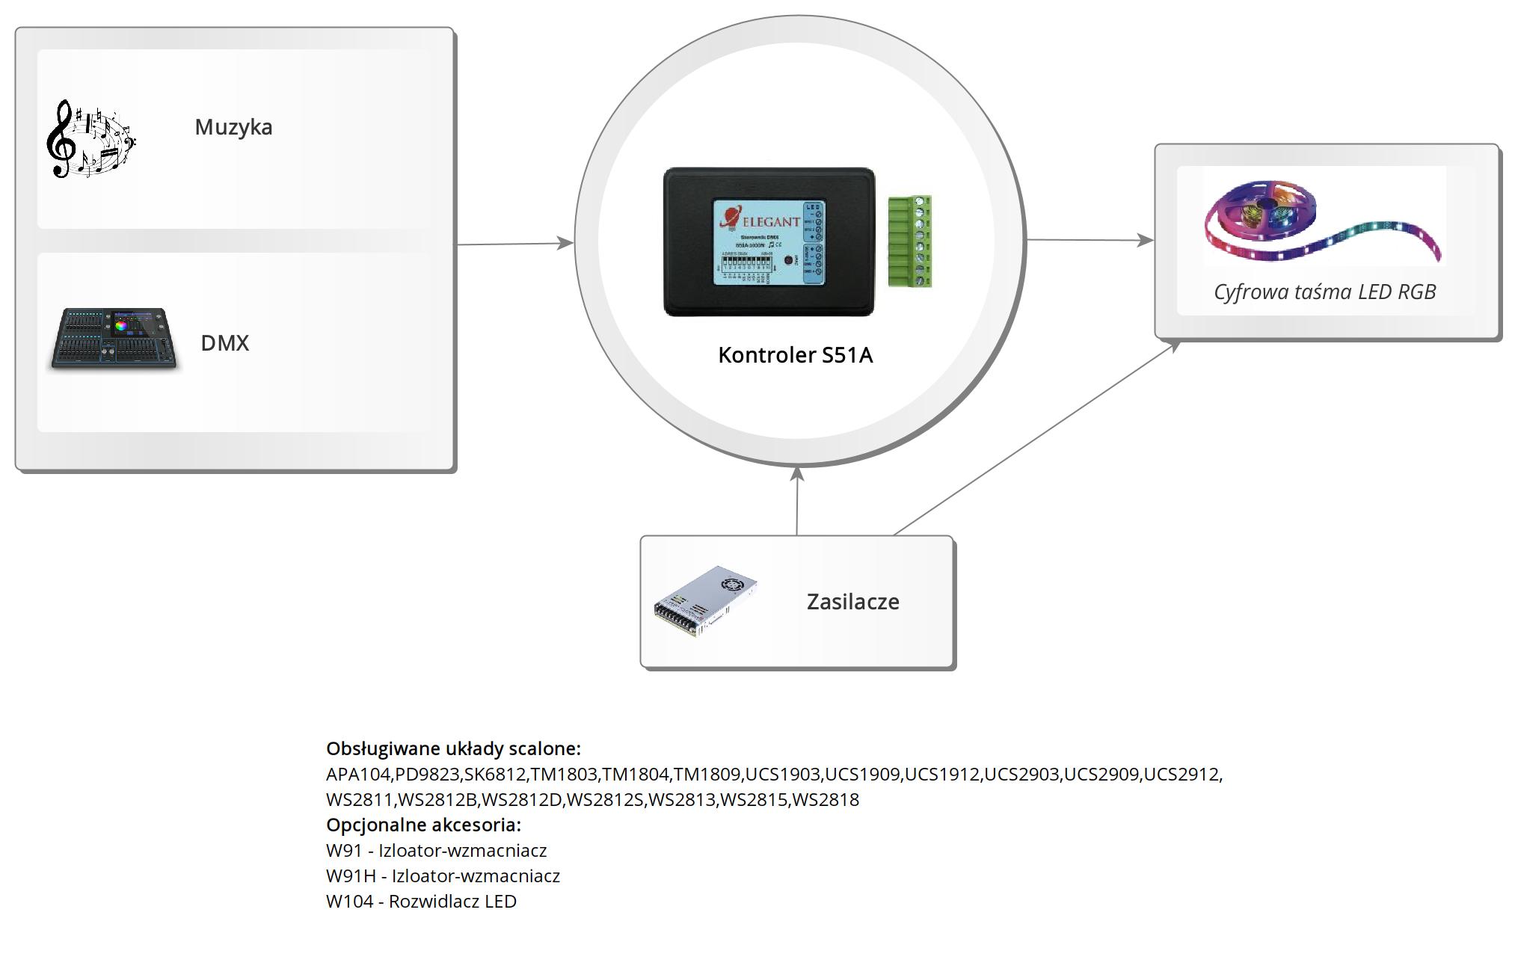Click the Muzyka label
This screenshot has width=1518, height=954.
tap(233, 127)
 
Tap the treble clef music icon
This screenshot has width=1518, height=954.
tap(90, 139)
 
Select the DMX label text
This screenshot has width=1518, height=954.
tap(224, 343)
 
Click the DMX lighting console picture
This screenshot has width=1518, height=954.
tap(114, 339)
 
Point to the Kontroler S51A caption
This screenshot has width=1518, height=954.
tap(795, 355)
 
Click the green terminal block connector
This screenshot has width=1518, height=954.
tap(910, 241)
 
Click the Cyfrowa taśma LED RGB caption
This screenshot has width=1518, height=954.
tap(1324, 292)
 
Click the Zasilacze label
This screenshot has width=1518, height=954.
tap(852, 602)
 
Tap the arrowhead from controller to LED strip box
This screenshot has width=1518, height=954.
tap(1146, 240)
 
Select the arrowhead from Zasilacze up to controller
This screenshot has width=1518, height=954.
tap(798, 474)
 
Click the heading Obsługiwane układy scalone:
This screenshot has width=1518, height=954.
tap(453, 748)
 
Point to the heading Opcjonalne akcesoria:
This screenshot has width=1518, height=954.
tap(423, 825)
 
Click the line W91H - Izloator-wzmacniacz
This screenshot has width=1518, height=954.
tap(443, 875)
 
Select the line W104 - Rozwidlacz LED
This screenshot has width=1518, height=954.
tap(421, 901)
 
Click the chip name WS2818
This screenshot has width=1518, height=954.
tap(826, 799)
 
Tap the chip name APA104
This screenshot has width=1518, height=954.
tap(358, 774)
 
